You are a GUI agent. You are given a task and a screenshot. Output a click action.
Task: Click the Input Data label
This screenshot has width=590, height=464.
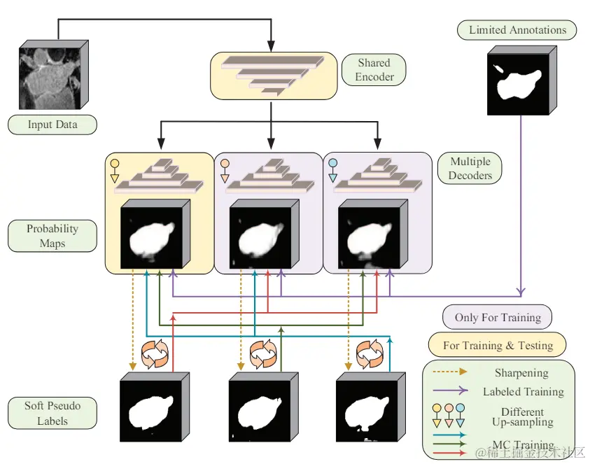[x=52, y=125]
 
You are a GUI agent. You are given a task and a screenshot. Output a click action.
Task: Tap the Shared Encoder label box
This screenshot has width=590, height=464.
[x=374, y=70]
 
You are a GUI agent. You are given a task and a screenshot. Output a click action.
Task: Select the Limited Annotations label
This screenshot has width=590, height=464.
[x=517, y=30]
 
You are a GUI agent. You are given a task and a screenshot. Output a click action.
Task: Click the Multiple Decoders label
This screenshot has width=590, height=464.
[x=470, y=168]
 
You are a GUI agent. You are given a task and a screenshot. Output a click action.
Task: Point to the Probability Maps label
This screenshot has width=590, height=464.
[x=52, y=236]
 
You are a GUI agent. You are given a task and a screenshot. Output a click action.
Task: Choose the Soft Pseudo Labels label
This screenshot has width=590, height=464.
[x=52, y=413]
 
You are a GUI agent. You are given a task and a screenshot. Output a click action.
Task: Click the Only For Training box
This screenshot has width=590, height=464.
[x=498, y=317]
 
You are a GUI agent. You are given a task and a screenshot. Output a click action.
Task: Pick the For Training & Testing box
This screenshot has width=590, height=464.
[x=498, y=345]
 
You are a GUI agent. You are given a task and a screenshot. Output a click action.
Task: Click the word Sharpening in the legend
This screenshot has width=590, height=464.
[x=521, y=373]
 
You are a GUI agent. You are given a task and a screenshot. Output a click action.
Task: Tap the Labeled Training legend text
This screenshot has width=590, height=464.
[x=523, y=392]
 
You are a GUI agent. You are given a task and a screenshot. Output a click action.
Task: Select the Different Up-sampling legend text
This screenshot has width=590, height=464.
[x=526, y=416]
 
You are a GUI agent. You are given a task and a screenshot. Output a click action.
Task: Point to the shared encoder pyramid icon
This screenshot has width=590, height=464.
[x=269, y=75]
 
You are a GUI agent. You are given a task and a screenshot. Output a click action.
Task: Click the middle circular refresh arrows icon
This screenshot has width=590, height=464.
[x=263, y=353]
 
